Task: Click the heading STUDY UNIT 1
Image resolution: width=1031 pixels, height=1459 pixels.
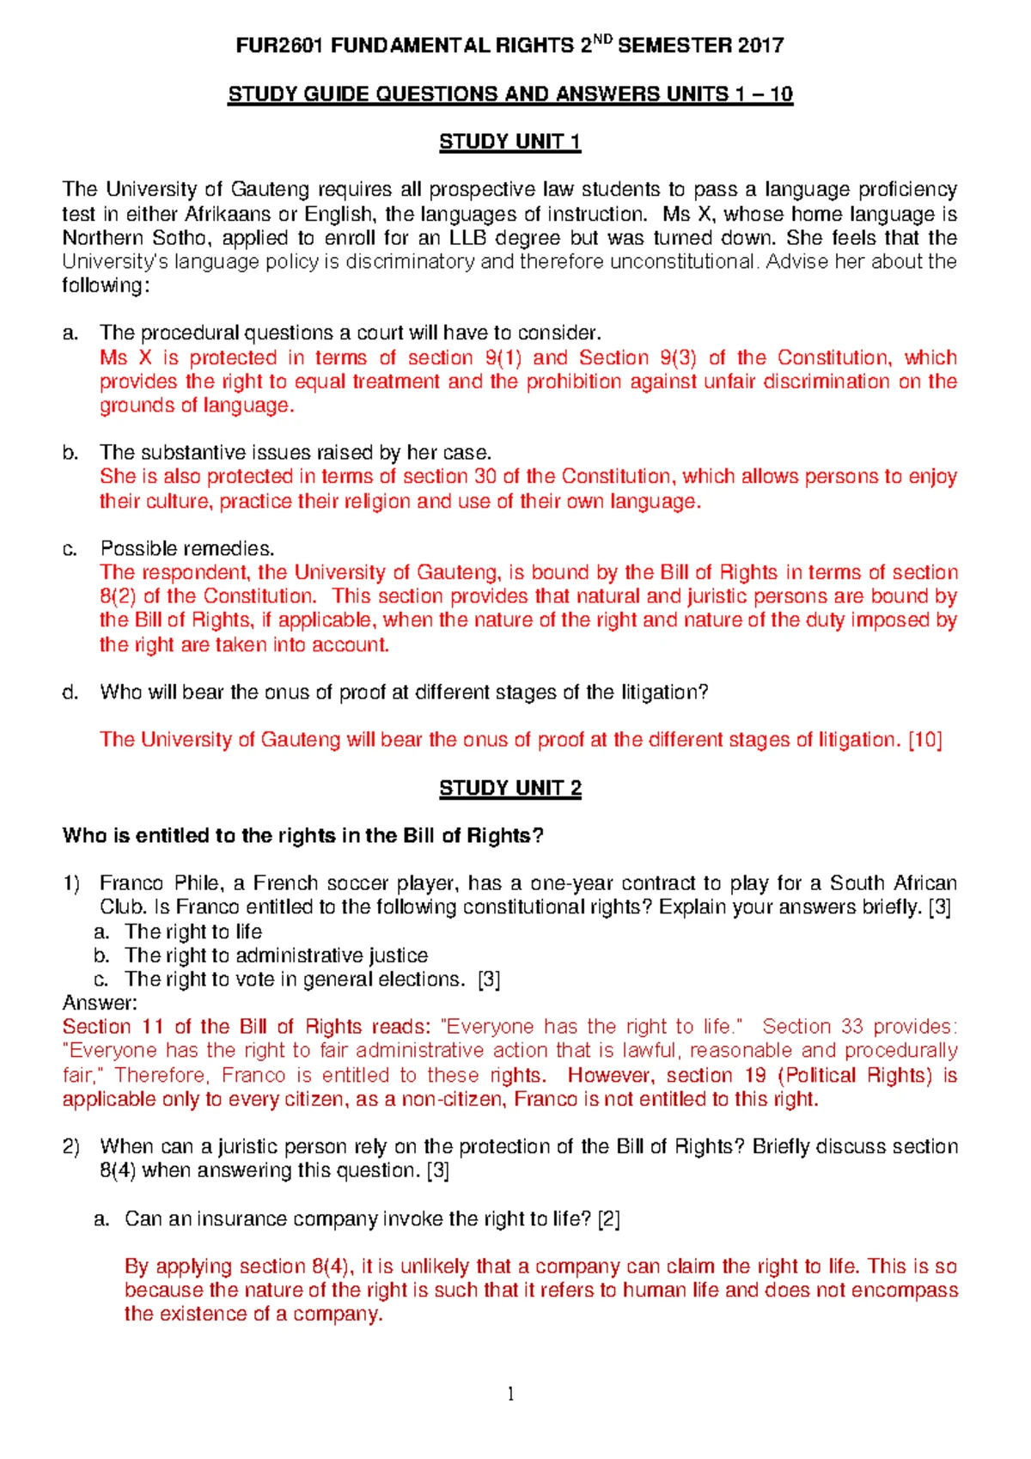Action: (509, 142)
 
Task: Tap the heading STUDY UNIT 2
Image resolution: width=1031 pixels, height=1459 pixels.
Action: (509, 788)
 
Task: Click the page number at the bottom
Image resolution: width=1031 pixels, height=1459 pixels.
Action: (510, 1394)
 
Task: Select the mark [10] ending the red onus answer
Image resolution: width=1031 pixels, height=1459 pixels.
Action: (925, 740)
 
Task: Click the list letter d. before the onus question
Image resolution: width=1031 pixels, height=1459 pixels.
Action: (70, 693)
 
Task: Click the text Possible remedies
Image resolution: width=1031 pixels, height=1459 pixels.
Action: (186, 549)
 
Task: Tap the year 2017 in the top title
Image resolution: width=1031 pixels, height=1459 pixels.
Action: (760, 46)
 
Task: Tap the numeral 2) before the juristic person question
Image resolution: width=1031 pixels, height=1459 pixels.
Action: (71, 1147)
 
